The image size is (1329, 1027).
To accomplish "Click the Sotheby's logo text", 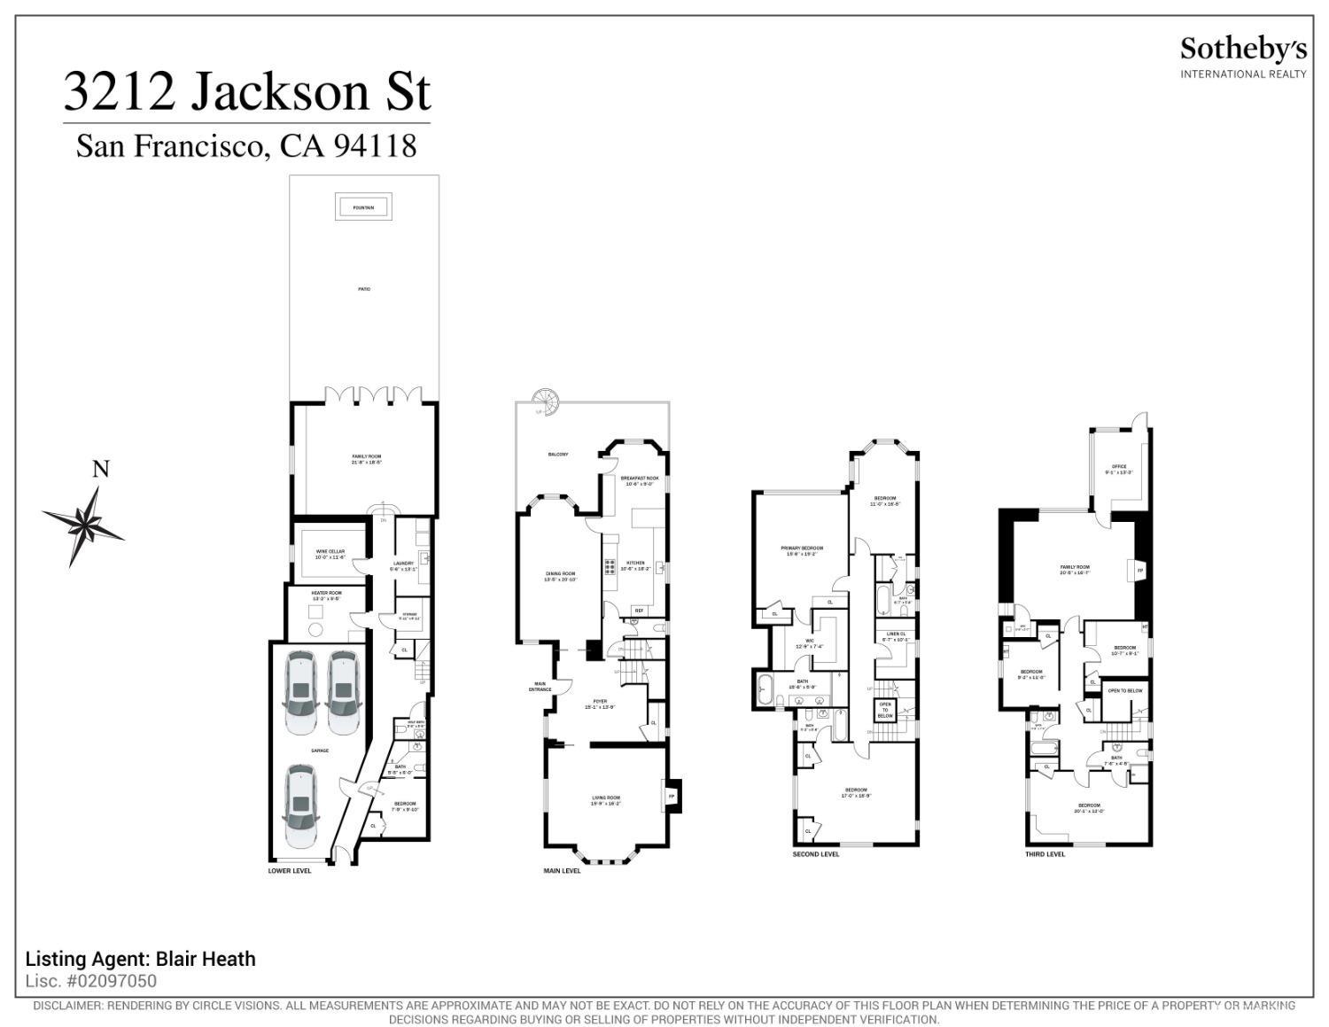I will point(1242,50).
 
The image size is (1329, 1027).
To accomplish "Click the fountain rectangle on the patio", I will point(363,207).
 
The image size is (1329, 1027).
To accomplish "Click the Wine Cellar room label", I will point(330,554).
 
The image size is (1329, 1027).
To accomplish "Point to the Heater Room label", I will point(325,595).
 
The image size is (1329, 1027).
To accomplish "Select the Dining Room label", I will point(560,576).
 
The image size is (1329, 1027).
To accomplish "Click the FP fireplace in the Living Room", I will point(672,796).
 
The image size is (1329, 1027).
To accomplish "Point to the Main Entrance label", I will point(540,686).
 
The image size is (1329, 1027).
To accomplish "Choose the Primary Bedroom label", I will point(802,550).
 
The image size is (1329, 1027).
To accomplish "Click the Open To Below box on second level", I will point(885,709).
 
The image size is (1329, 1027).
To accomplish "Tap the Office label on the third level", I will point(1119,469).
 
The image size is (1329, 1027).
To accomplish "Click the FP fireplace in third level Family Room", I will point(1139,571).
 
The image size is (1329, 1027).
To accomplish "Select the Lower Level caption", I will point(290,870).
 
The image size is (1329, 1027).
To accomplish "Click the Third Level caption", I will point(1045,854).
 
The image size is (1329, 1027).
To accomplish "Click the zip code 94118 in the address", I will point(374,145).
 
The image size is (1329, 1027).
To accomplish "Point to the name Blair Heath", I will point(206,959).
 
